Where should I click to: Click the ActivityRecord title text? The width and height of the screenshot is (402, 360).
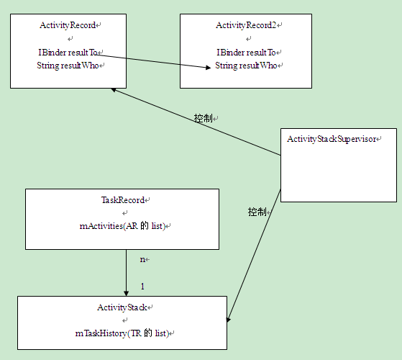[x=68, y=25]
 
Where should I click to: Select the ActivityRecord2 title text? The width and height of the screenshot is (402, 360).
[x=245, y=25]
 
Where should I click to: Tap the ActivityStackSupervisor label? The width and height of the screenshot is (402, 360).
[x=331, y=138]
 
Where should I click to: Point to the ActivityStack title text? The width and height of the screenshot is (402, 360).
[x=122, y=307]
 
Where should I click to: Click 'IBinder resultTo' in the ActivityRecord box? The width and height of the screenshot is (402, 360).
[x=67, y=52]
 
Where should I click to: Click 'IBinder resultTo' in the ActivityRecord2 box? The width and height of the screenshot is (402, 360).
[x=245, y=52]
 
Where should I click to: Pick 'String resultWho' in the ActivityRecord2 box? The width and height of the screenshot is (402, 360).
[x=245, y=66]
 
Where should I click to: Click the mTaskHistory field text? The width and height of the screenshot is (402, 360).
[x=122, y=333]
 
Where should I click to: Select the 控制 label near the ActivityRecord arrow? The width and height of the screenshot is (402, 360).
[x=204, y=117]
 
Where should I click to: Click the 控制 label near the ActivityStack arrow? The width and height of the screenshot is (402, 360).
[x=257, y=212]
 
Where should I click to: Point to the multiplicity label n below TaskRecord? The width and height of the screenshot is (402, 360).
[x=142, y=259]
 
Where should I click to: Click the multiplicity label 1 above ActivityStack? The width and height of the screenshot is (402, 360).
[x=142, y=287]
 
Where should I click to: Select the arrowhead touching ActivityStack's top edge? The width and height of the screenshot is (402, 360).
[x=126, y=292]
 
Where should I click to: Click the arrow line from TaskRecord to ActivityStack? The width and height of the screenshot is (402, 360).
[x=126, y=270]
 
